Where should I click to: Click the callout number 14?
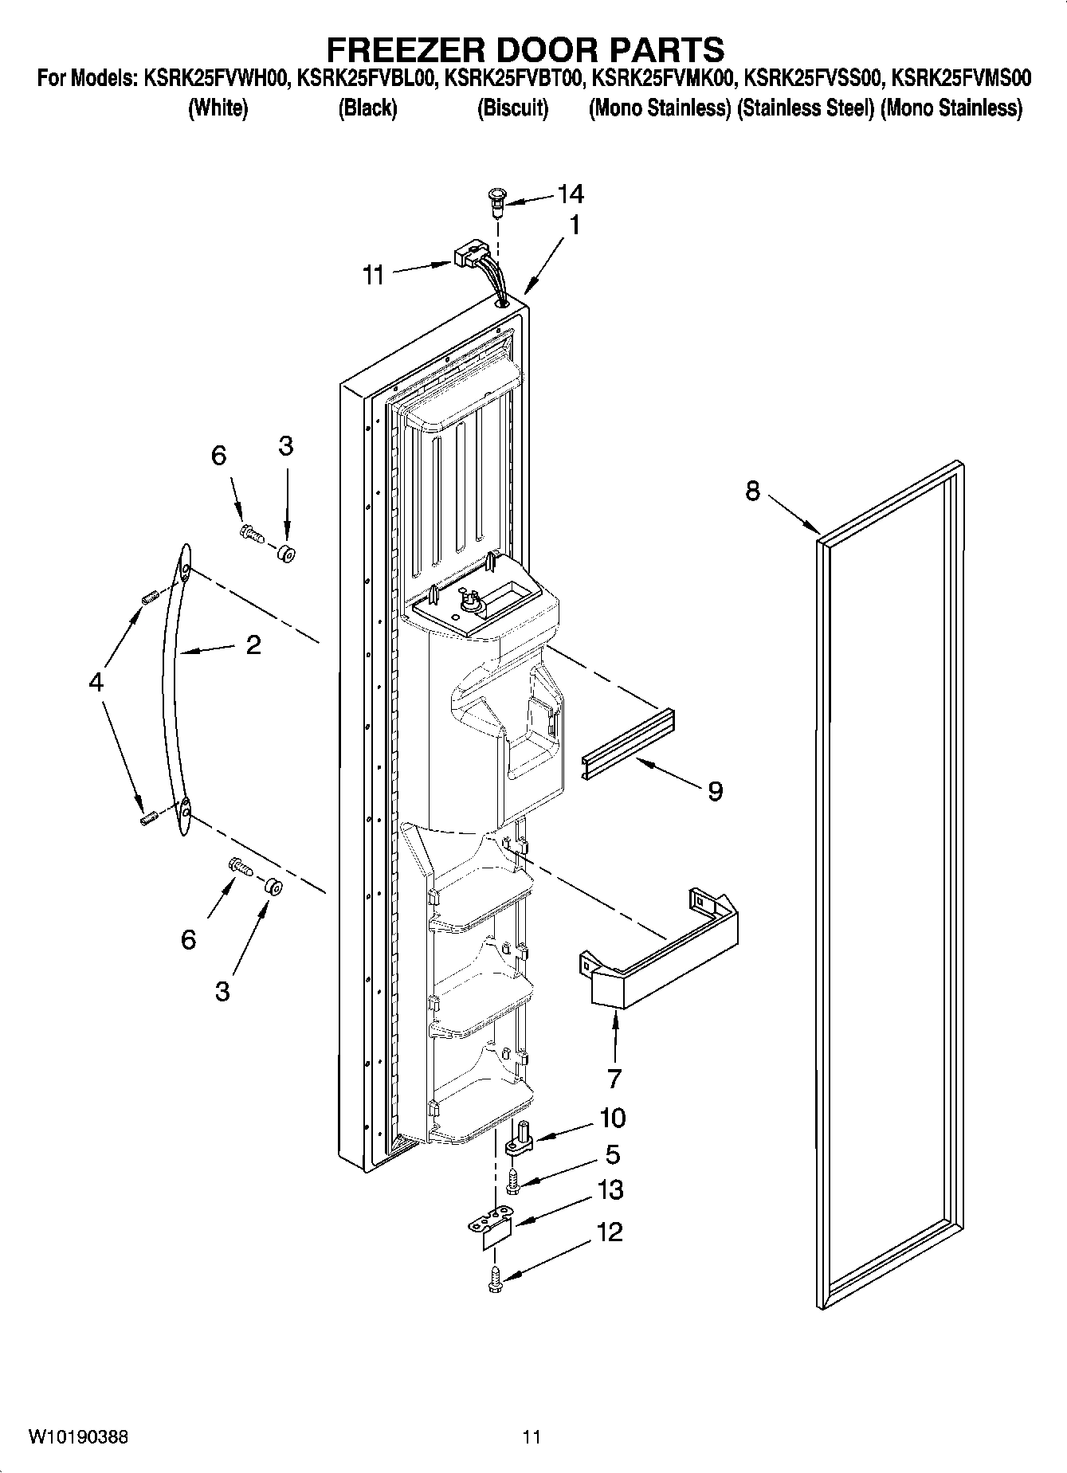pos(571,194)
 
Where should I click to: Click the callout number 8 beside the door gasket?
pos(753,492)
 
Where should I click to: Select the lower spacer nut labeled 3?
pos(273,886)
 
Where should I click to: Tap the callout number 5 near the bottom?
pos(612,1154)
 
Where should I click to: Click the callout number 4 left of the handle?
pos(96,681)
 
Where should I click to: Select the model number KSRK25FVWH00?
pos(216,79)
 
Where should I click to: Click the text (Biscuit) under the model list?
pos(512,108)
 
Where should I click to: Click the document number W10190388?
pos(78,1436)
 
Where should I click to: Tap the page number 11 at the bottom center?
pos(532,1436)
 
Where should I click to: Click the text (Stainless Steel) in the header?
pos(806,108)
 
